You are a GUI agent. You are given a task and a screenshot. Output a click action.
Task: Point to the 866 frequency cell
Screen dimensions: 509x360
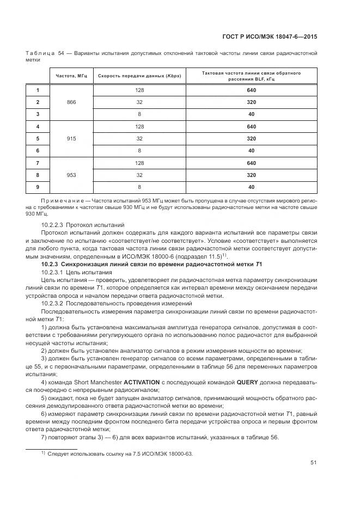[71, 102]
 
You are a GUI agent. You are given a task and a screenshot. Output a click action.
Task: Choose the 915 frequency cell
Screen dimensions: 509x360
[71, 138]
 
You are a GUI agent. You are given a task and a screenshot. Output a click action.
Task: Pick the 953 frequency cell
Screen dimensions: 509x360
[71, 175]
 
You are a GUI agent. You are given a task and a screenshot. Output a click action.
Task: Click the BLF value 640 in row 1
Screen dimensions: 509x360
[251, 90]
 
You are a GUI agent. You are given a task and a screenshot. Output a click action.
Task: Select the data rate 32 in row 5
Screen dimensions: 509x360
[139, 138]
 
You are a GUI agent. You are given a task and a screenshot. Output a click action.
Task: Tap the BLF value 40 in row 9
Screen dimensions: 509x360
[251, 187]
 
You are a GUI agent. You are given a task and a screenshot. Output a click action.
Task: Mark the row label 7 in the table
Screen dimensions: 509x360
[38, 163]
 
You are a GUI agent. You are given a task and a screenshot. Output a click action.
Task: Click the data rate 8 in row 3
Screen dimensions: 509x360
[139, 114]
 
